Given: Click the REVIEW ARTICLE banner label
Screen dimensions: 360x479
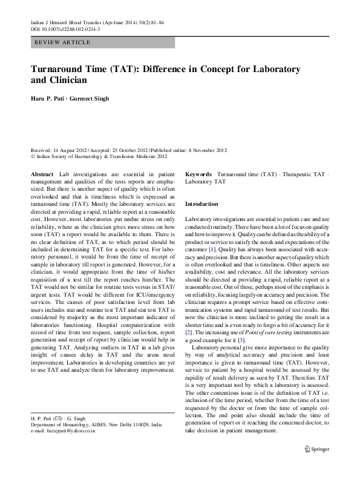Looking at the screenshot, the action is pyautogui.click(x=63, y=42).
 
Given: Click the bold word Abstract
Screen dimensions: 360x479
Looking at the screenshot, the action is pyautogui.click(x=42, y=174).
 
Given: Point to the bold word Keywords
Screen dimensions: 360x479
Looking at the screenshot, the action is pyautogui.click(x=198, y=174).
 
